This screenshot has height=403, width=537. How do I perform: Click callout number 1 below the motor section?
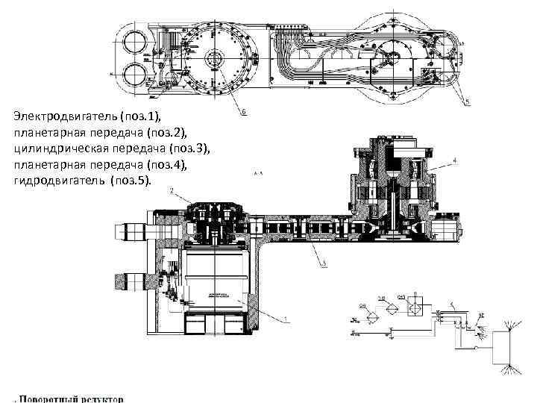pyautogui.click(x=286, y=319)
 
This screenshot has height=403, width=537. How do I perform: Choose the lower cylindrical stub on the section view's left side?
pyautogui.click(x=130, y=282)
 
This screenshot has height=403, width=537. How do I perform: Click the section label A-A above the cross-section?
pyautogui.click(x=259, y=172)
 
